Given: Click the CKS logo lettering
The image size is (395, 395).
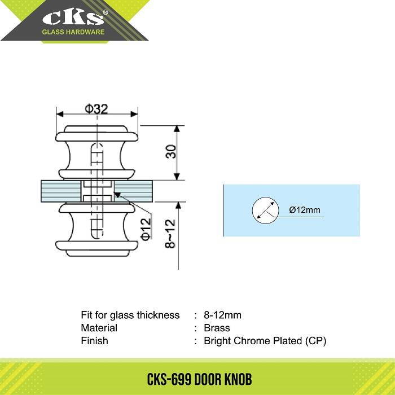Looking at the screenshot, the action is click(73, 17).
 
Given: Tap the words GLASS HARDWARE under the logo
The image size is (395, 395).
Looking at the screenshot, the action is click(73, 32).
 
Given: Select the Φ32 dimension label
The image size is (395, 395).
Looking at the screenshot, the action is click(96, 109).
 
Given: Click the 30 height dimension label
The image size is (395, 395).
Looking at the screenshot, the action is click(171, 151).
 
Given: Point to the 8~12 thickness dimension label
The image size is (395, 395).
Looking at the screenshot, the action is click(170, 234).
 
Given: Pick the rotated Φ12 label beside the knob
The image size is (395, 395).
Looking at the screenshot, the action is click(146, 229).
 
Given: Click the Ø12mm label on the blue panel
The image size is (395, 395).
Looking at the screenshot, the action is click(305, 210).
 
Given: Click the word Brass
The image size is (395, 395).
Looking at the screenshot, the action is click(217, 328).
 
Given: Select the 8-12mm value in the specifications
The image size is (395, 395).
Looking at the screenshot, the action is click(223, 315).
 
